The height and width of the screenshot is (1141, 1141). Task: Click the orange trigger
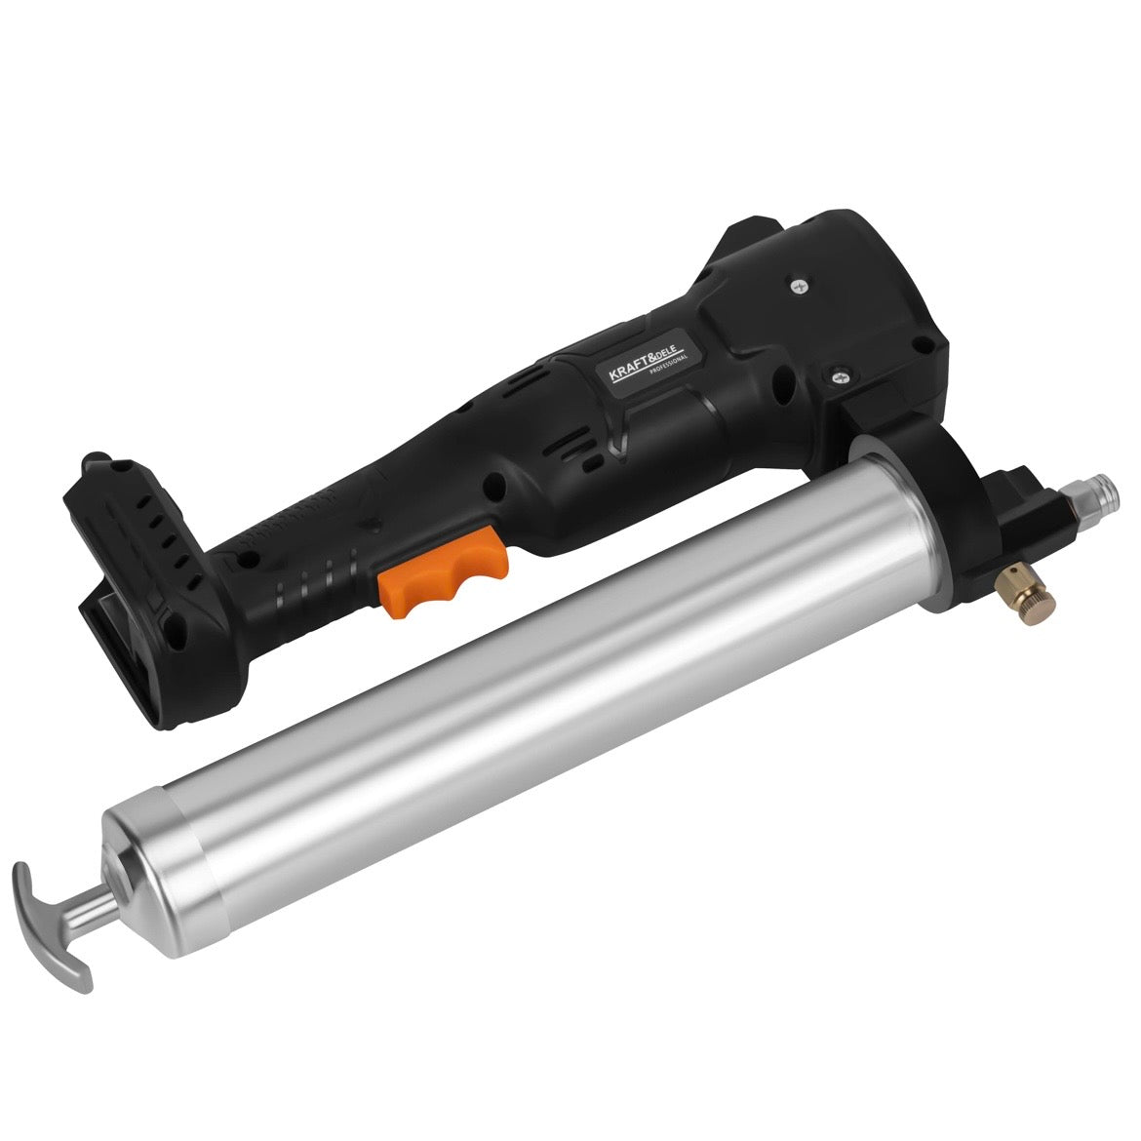443,571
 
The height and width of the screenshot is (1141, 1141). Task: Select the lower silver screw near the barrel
839,376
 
